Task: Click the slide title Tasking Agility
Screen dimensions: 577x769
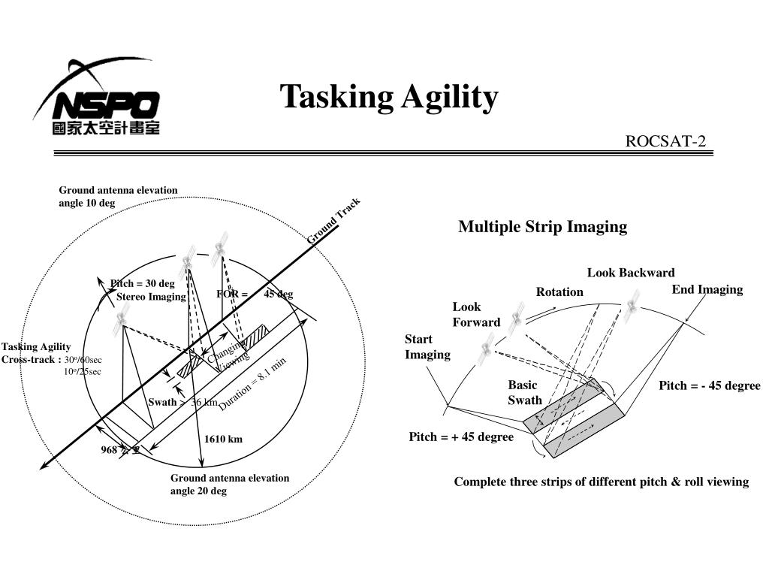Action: [389, 98]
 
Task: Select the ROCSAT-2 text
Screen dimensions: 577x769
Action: [666, 142]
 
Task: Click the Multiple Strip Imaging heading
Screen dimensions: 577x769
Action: [542, 227]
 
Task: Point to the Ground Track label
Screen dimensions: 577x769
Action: [334, 221]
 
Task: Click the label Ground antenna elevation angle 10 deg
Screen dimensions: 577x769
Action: [118, 197]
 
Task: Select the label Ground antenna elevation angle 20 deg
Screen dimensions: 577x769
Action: [229, 485]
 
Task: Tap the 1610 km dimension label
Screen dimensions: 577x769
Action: [223, 440]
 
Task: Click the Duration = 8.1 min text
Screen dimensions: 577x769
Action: [253, 382]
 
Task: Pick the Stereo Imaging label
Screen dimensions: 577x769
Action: [151, 297]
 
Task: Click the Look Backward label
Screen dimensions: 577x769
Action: [631, 273]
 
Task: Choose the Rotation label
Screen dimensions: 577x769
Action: [559, 292]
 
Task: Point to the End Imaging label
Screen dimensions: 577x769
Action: [707, 289]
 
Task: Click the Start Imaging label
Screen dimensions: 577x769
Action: [427, 347]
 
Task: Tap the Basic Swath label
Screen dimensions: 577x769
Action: [524, 393]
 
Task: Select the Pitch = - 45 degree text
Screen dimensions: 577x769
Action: [710, 386]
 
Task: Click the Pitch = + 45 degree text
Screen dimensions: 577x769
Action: [461, 437]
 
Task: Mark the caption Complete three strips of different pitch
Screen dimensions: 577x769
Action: [601, 482]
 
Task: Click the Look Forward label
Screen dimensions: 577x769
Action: [475, 315]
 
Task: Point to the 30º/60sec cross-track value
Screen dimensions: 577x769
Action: [83, 360]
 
